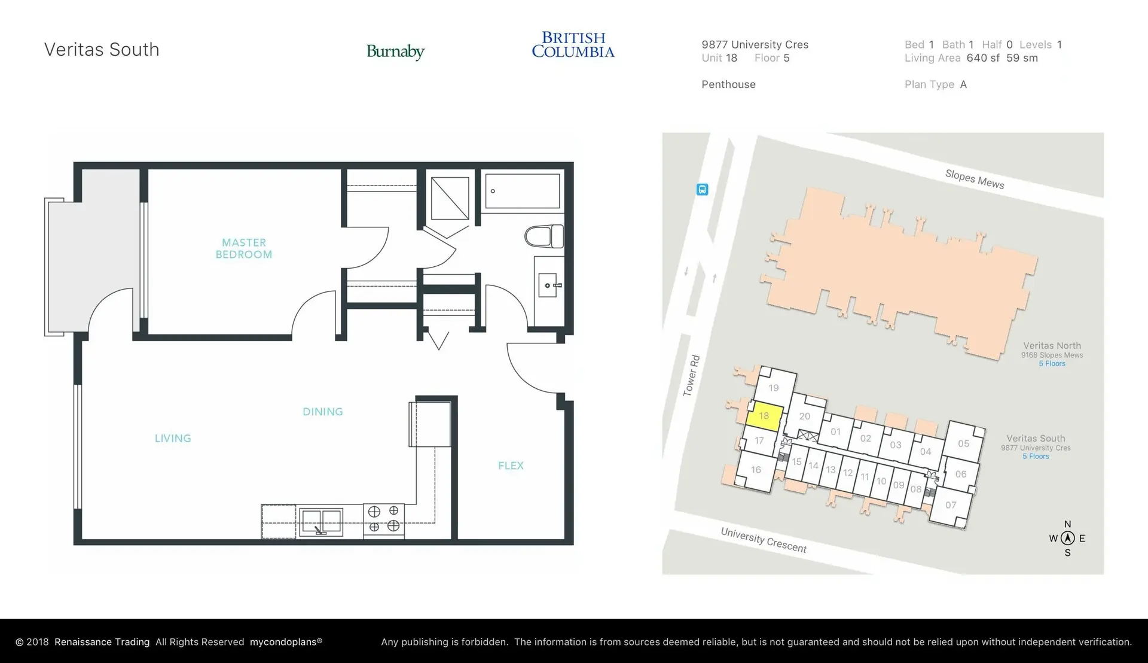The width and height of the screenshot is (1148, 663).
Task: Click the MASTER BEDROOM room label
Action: (x=243, y=248)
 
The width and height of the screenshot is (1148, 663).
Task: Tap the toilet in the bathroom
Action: (x=544, y=236)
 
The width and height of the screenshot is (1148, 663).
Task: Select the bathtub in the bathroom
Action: (x=522, y=191)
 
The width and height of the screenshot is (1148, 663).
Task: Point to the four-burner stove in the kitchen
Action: (x=383, y=519)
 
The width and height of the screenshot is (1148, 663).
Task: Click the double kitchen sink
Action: (x=321, y=521)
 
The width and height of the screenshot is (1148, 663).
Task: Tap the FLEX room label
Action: (x=511, y=466)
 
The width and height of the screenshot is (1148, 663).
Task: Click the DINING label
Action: (x=322, y=412)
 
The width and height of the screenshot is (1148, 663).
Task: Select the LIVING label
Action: (x=173, y=438)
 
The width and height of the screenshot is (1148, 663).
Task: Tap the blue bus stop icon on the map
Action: (x=703, y=190)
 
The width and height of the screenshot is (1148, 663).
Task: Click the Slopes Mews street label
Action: (x=974, y=179)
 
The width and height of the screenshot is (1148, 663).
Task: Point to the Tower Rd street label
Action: (x=691, y=376)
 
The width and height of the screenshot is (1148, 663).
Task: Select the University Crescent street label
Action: (x=763, y=540)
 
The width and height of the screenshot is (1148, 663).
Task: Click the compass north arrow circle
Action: (x=1067, y=538)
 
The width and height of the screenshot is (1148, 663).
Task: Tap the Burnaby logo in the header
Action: (x=395, y=51)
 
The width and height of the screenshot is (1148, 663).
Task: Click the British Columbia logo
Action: (x=573, y=45)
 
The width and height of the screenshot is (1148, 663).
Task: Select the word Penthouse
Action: (x=728, y=84)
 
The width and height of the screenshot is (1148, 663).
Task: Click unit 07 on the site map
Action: (x=951, y=505)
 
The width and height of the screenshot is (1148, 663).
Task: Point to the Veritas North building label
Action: (x=1052, y=345)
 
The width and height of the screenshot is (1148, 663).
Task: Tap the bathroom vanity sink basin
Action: (x=547, y=285)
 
